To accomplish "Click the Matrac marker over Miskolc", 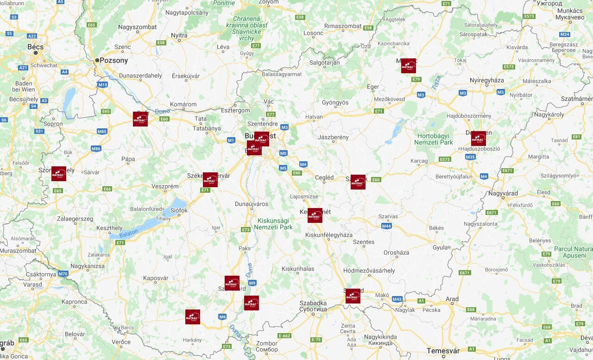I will click(x=408, y=66).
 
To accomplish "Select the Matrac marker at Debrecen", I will click(x=478, y=139).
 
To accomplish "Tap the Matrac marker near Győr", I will click(x=140, y=119).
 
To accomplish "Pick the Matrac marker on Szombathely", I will click(x=59, y=174).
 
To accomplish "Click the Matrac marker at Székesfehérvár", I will click(x=210, y=180).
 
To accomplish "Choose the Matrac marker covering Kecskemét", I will click(x=315, y=215).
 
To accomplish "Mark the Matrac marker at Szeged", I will click(x=353, y=296).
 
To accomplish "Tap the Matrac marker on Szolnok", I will click(x=358, y=182).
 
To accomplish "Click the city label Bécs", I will click(x=35, y=47).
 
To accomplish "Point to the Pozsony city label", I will click(x=114, y=60).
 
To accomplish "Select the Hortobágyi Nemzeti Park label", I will click(x=435, y=139).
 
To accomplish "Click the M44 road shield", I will click(x=386, y=226).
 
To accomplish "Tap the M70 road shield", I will click(x=63, y=274).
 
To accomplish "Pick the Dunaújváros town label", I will click(x=252, y=203).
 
